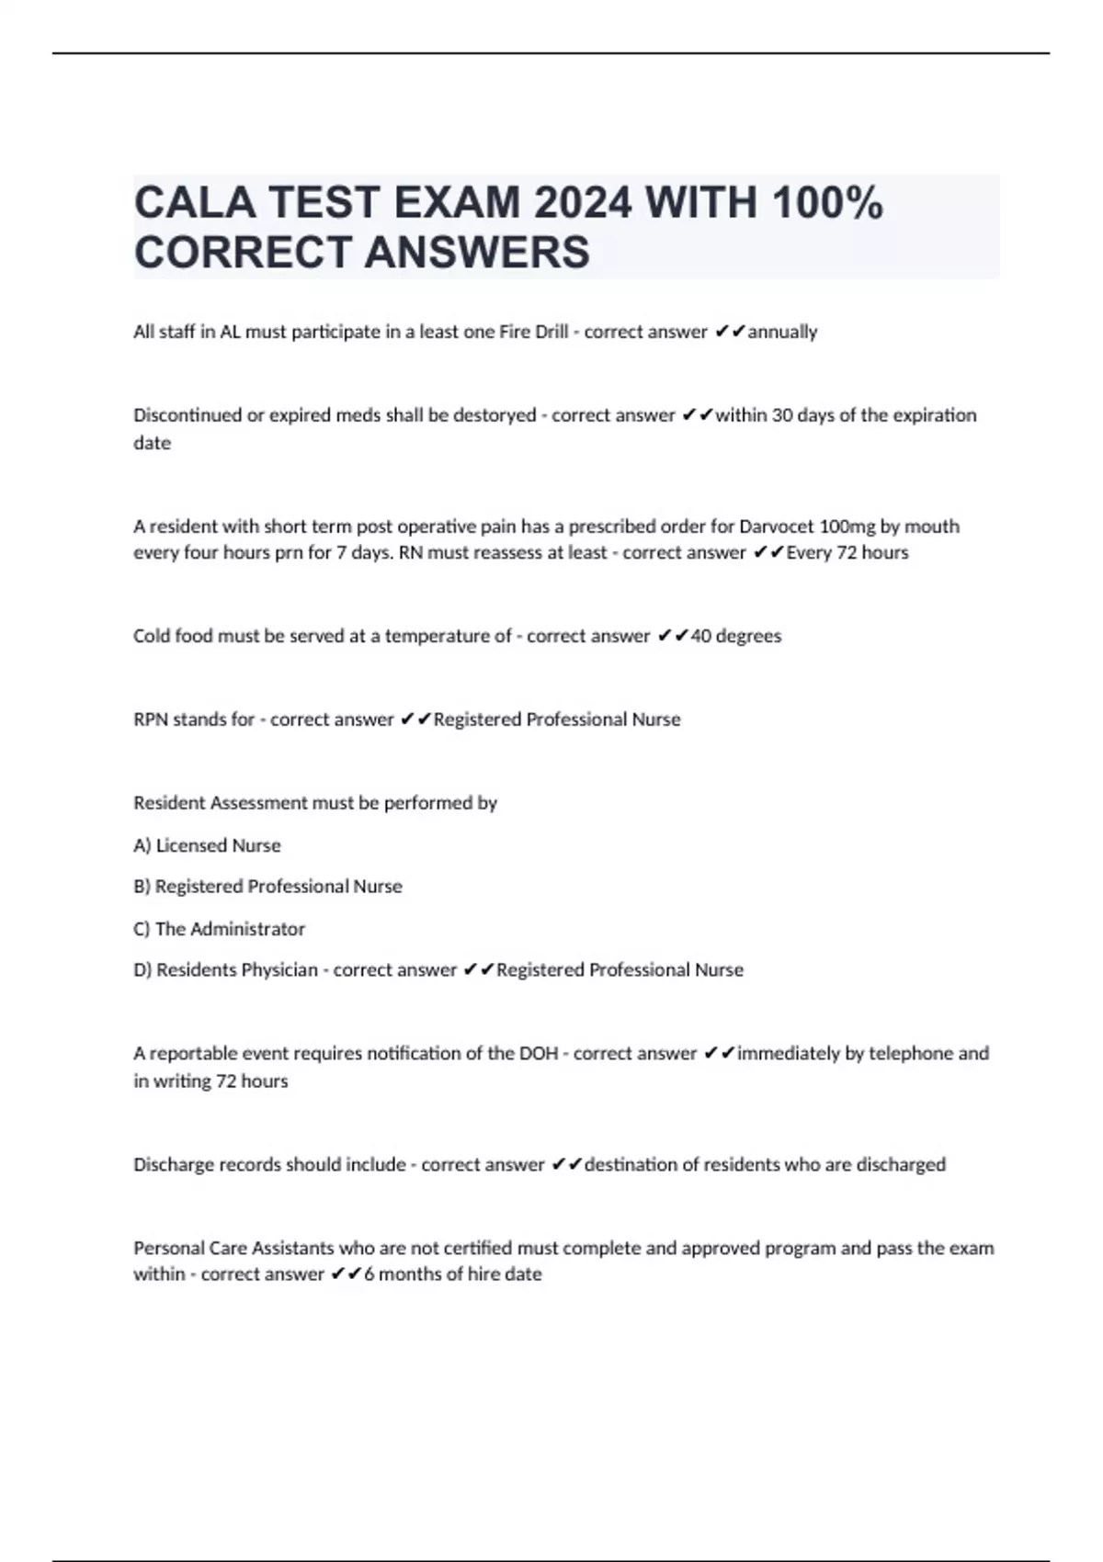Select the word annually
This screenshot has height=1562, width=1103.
782,332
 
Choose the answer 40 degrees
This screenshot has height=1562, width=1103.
735,636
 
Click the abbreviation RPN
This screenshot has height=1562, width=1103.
151,719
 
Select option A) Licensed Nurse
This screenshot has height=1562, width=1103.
208,845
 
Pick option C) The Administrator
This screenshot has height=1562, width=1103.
220,929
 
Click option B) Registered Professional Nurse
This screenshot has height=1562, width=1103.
268,887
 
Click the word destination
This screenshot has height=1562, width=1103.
633,1164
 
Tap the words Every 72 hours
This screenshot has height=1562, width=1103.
847,552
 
